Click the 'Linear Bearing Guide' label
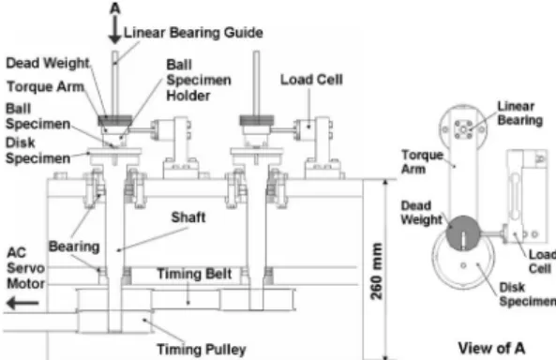[193, 33]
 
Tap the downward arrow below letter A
[115, 29]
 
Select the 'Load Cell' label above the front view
[311, 80]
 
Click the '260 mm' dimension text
[376, 271]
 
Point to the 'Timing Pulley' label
[202, 350]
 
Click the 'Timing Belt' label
[194, 274]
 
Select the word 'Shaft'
[188, 217]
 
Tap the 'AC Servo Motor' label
[25, 268]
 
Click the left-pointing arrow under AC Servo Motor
[23, 303]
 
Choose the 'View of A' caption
[491, 349]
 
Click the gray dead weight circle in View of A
[463, 233]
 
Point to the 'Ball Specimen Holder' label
[199, 81]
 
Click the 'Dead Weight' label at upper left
[48, 63]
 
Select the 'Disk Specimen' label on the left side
[38, 150]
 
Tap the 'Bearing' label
[74, 247]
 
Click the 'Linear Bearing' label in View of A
[519, 113]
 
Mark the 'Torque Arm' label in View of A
[422, 162]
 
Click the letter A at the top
[115, 7]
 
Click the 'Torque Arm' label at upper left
[45, 86]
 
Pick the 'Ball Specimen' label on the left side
[38, 116]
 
